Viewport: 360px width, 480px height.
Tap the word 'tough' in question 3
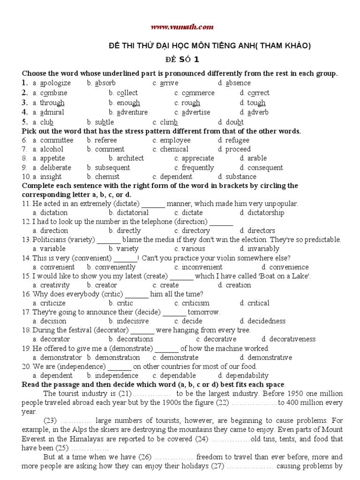pos(256,103)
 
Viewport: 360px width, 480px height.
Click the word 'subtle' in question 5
pos(104,122)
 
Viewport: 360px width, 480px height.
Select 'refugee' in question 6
pos(237,140)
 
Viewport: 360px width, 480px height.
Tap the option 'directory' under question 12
pos(195,231)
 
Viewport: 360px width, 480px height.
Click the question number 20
pos(26,367)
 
